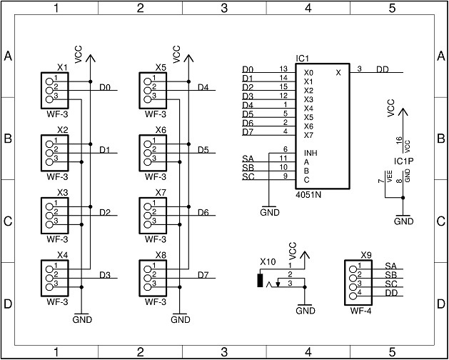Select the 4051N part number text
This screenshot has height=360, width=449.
pyautogui.click(x=309, y=194)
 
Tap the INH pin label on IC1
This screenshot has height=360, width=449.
pyautogui.click(x=311, y=153)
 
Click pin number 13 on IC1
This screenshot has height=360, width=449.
pyautogui.click(x=283, y=69)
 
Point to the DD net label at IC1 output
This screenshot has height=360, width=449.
pyautogui.click(x=383, y=69)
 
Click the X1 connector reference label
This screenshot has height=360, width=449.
pyautogui.click(x=62, y=68)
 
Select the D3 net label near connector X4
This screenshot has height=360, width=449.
pyautogui.click(x=105, y=275)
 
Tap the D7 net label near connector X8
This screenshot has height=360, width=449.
pyautogui.click(x=203, y=275)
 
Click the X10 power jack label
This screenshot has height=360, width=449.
pyautogui.click(x=268, y=261)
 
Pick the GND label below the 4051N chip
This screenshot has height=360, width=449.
pyautogui.click(x=270, y=212)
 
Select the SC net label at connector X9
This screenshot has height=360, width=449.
pyautogui.click(x=390, y=284)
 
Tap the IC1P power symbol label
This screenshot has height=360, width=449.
pyautogui.click(x=403, y=162)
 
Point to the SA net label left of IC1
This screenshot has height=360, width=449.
pyautogui.click(x=248, y=159)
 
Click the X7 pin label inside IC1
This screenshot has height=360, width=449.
pyautogui.click(x=308, y=135)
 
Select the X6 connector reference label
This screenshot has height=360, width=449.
pyautogui.click(x=161, y=130)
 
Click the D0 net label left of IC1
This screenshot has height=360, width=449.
pyautogui.click(x=248, y=69)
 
